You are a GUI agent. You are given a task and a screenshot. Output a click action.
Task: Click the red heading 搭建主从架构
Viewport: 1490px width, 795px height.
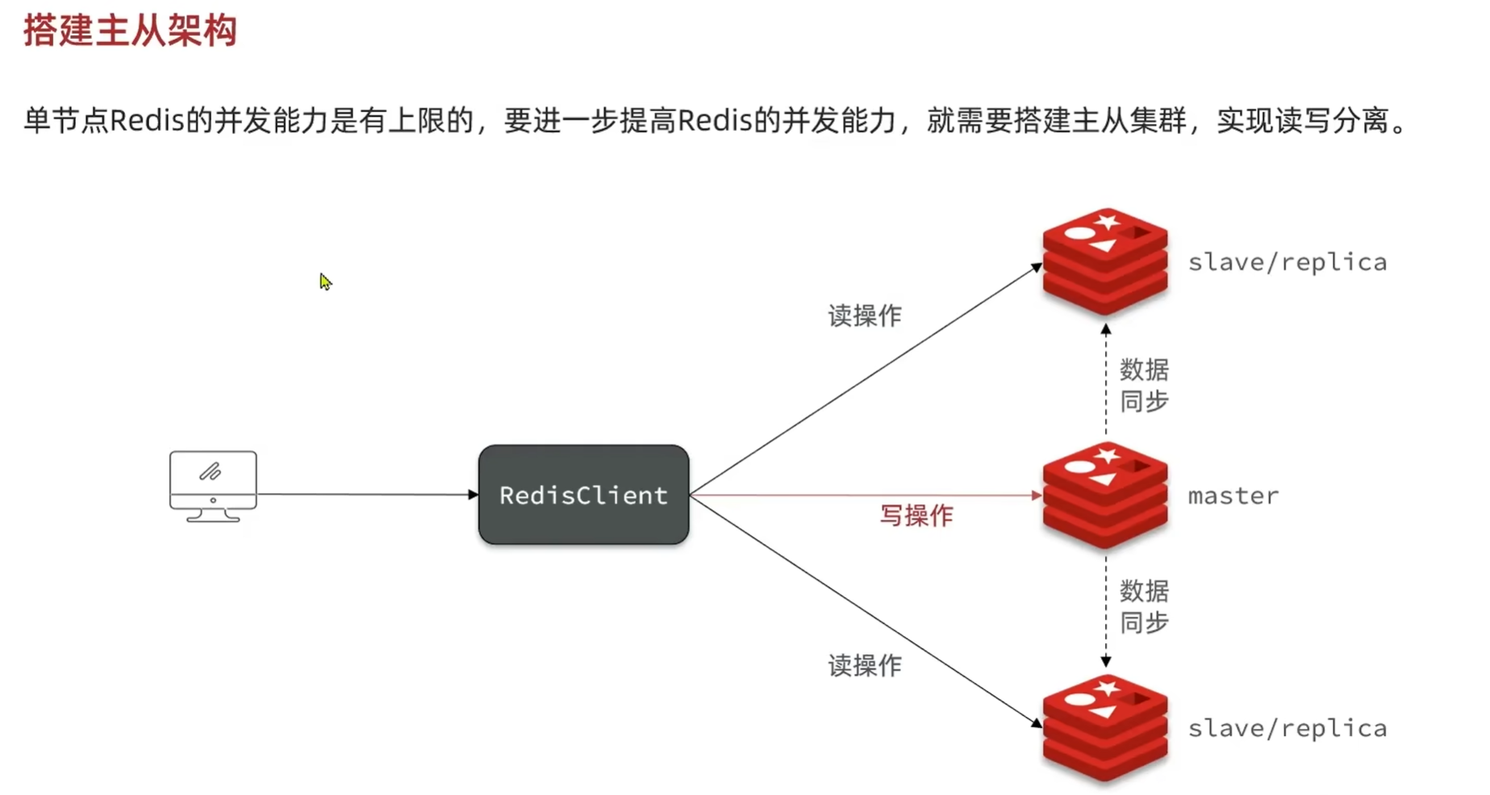130,31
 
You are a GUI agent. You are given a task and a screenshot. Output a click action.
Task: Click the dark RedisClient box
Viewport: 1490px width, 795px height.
583,495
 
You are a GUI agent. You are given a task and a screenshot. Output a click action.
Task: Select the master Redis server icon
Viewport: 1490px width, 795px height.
1104,495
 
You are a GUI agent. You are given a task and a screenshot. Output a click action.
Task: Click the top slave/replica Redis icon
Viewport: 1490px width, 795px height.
1104,262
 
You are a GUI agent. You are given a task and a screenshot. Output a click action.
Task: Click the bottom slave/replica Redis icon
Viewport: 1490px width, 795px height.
1104,727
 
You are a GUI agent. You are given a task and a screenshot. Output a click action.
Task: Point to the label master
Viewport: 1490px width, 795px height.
1233,496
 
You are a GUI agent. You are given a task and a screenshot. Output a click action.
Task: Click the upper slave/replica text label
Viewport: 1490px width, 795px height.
1287,262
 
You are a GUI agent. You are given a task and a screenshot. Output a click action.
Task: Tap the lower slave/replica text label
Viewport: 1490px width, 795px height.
1287,728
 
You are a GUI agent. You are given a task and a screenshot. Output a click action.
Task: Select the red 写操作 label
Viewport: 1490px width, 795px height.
916,516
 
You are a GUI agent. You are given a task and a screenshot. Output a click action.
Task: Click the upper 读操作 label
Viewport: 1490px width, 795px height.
864,316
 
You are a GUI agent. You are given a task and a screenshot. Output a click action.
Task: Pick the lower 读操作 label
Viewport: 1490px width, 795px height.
864,666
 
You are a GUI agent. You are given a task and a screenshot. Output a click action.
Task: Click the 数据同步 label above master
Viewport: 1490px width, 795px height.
1144,385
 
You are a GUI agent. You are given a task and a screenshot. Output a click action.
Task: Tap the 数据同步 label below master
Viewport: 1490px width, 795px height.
1144,607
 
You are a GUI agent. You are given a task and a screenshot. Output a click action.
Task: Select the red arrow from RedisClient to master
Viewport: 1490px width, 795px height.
863,495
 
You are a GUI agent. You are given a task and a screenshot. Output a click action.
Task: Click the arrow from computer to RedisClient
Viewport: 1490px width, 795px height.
367,494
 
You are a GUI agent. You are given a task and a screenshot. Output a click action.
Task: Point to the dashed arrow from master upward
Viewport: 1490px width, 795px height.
1106,379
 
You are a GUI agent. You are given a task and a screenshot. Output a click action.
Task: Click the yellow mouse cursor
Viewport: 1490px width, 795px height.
325,282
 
